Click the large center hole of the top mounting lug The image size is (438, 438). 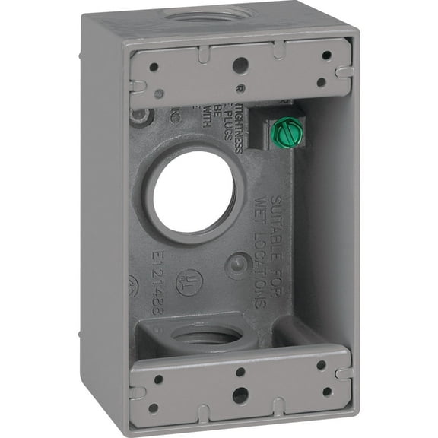tap(240, 65)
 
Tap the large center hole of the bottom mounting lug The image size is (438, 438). tap(240, 395)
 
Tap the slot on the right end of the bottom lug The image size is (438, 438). tap(343, 373)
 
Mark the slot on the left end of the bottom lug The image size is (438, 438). tap(137, 392)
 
